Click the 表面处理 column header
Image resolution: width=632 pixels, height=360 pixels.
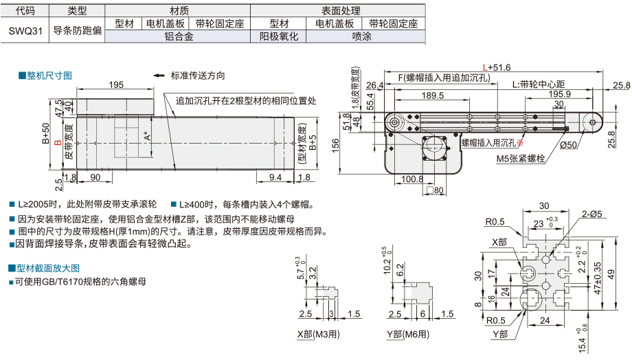pyautogui.click(x=336, y=11)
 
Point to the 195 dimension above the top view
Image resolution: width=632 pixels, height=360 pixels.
pyautogui.click(x=116, y=84)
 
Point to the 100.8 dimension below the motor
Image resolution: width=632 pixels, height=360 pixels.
pyautogui.click(x=412, y=179)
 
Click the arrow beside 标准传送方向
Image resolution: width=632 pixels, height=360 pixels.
pyautogui.click(x=159, y=76)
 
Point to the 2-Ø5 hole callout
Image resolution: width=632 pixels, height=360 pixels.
pyautogui.click(x=591, y=214)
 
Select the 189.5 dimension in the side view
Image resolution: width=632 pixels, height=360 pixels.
pyautogui.click(x=432, y=95)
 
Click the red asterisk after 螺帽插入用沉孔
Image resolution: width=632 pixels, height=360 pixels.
pyautogui.click(x=520, y=143)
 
